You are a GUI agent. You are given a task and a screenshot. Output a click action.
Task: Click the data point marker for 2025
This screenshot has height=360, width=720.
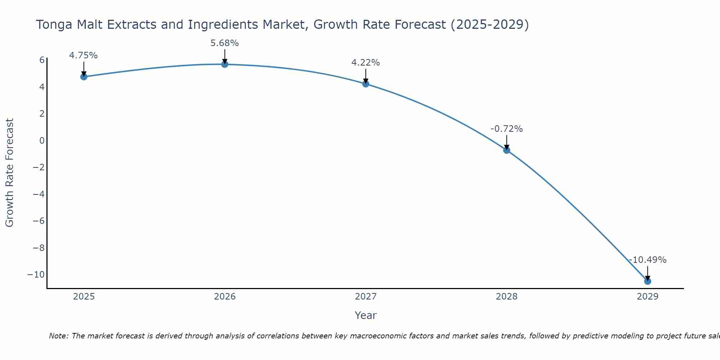(84, 77)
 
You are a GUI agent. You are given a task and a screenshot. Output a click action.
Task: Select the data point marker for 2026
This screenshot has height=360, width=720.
(225, 64)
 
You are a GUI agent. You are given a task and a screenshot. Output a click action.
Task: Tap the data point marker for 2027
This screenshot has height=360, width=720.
(366, 84)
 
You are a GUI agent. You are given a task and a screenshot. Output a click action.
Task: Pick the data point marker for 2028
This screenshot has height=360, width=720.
(507, 150)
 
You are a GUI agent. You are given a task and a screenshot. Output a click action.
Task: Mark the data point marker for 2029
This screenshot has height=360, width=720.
(648, 281)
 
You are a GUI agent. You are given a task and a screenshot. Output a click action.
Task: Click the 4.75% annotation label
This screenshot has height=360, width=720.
(84, 55)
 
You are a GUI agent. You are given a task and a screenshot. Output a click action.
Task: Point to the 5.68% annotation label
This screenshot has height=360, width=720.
(225, 43)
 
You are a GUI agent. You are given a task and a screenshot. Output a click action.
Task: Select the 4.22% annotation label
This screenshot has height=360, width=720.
(366, 63)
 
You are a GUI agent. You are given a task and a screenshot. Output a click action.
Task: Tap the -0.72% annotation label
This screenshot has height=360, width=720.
(507, 129)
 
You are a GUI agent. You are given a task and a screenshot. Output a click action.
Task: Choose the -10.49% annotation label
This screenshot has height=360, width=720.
(648, 260)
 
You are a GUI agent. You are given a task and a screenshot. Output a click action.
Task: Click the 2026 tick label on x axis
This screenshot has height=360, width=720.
(225, 297)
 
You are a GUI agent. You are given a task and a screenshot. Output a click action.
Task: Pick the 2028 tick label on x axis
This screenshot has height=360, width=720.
(507, 297)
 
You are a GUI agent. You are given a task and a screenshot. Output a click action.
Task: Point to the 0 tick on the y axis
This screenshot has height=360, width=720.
(42, 140)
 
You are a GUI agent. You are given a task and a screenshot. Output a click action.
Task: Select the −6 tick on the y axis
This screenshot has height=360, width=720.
(39, 221)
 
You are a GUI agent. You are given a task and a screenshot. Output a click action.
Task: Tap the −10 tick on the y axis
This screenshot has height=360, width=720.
(36, 274)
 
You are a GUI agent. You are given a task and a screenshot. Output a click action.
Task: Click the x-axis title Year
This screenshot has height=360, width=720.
(366, 315)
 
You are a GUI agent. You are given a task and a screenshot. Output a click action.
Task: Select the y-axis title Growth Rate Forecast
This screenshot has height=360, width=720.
(10, 173)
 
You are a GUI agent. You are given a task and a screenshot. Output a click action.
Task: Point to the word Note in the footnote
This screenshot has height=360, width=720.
(58, 336)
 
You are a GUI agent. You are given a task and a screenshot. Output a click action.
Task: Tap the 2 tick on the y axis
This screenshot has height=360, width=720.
(42, 114)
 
